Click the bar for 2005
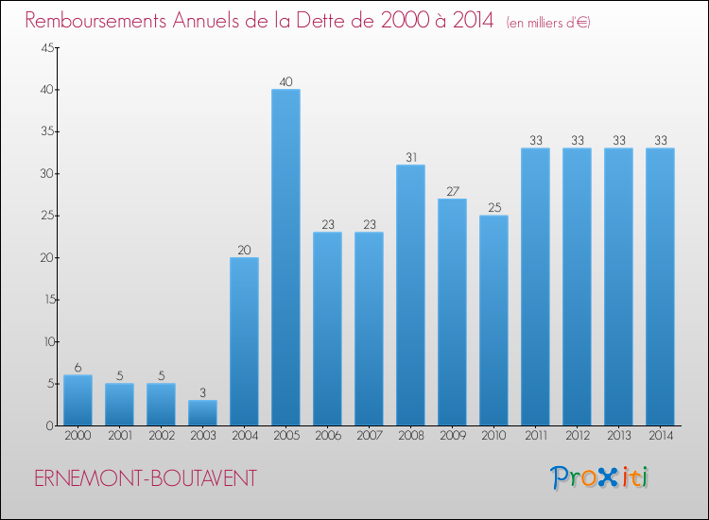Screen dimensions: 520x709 coord(285,257)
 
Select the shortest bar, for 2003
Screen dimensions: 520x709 coord(202,413)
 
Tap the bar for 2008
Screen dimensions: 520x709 coord(410,295)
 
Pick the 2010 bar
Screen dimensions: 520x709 coord(493,321)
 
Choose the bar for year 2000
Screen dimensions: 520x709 coord(78,400)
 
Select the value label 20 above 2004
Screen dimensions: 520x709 coord(244,251)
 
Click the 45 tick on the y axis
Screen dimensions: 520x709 coord(47,48)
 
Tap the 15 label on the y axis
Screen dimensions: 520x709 coord(47,300)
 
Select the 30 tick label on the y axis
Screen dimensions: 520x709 coord(47,174)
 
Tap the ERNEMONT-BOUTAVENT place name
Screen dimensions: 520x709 coord(145,478)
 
